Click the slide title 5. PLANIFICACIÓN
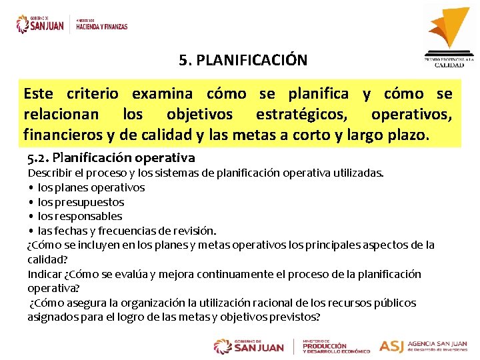tap(243, 60)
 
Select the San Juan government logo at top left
tap(40, 24)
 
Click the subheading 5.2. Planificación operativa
tap(111, 158)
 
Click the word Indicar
tap(45, 274)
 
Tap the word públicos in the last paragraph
tap(397, 303)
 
